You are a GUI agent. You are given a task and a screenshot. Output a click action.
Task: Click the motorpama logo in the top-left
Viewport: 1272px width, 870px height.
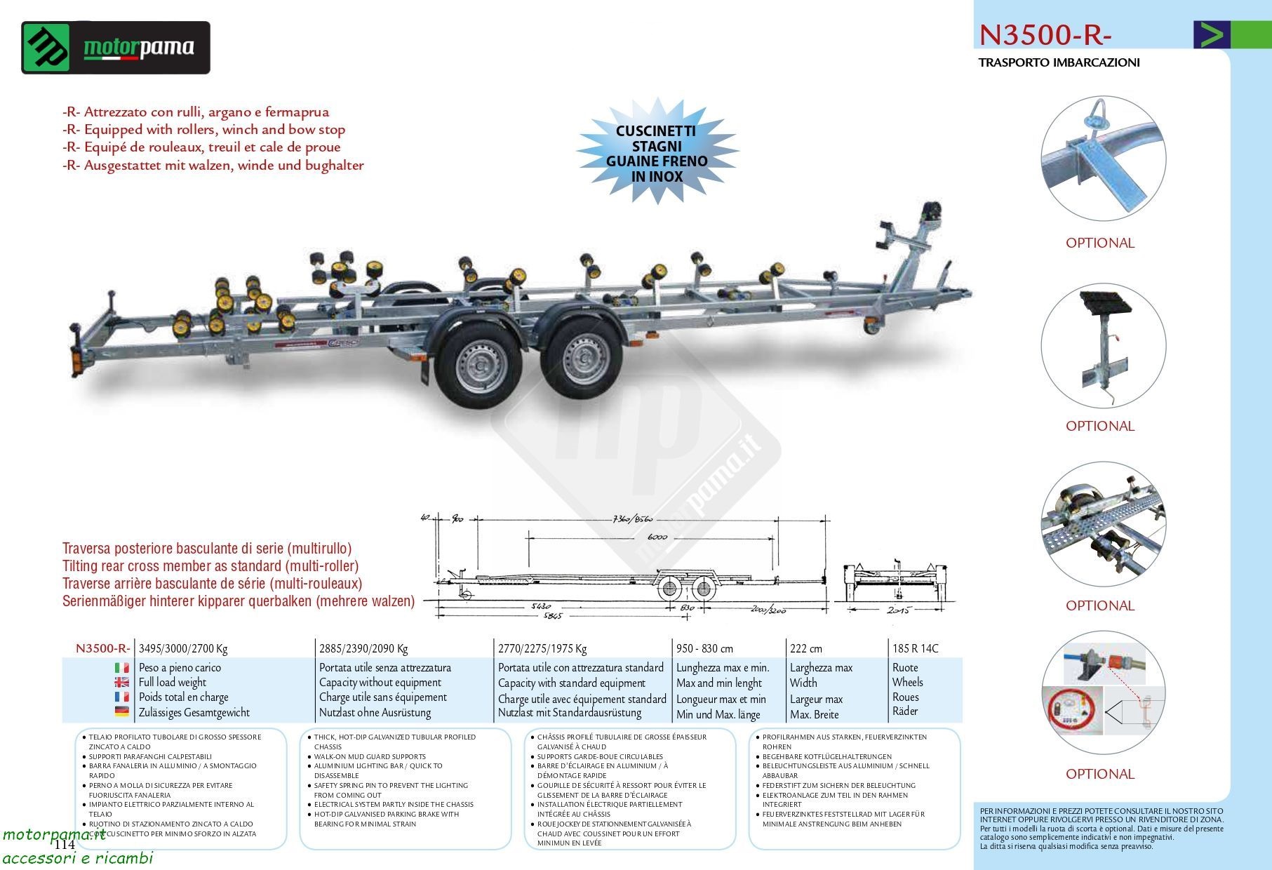[x=116, y=48]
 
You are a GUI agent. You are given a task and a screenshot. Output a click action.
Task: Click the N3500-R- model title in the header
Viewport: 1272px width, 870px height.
[x=1045, y=35]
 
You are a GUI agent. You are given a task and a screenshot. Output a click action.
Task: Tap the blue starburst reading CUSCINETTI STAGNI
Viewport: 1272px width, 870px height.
[x=656, y=153]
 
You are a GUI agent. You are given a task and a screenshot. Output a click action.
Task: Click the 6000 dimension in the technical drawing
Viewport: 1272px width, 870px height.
[x=657, y=536]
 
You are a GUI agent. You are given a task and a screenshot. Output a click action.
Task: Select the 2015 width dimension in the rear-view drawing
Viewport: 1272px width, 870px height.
[x=899, y=610]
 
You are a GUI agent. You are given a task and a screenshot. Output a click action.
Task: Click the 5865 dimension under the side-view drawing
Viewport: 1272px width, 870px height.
[x=553, y=616]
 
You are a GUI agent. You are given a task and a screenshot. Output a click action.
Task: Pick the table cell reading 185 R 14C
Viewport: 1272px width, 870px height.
[x=915, y=648]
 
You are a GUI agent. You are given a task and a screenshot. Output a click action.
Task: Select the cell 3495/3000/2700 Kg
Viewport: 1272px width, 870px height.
[x=183, y=648]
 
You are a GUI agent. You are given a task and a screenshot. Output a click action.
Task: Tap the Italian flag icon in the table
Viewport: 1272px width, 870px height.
[x=121, y=667]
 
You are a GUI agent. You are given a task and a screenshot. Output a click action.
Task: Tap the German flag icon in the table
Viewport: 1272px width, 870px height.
[x=121, y=711]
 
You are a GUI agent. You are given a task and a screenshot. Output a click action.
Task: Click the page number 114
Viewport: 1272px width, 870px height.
[x=64, y=844]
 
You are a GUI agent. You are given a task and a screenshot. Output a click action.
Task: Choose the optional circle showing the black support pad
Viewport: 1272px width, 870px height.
[x=1103, y=346]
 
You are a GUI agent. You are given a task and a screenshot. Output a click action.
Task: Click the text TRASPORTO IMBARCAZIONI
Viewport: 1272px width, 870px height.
[x=1059, y=62]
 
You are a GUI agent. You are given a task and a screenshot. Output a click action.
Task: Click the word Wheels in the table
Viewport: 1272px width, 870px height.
[x=907, y=682]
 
